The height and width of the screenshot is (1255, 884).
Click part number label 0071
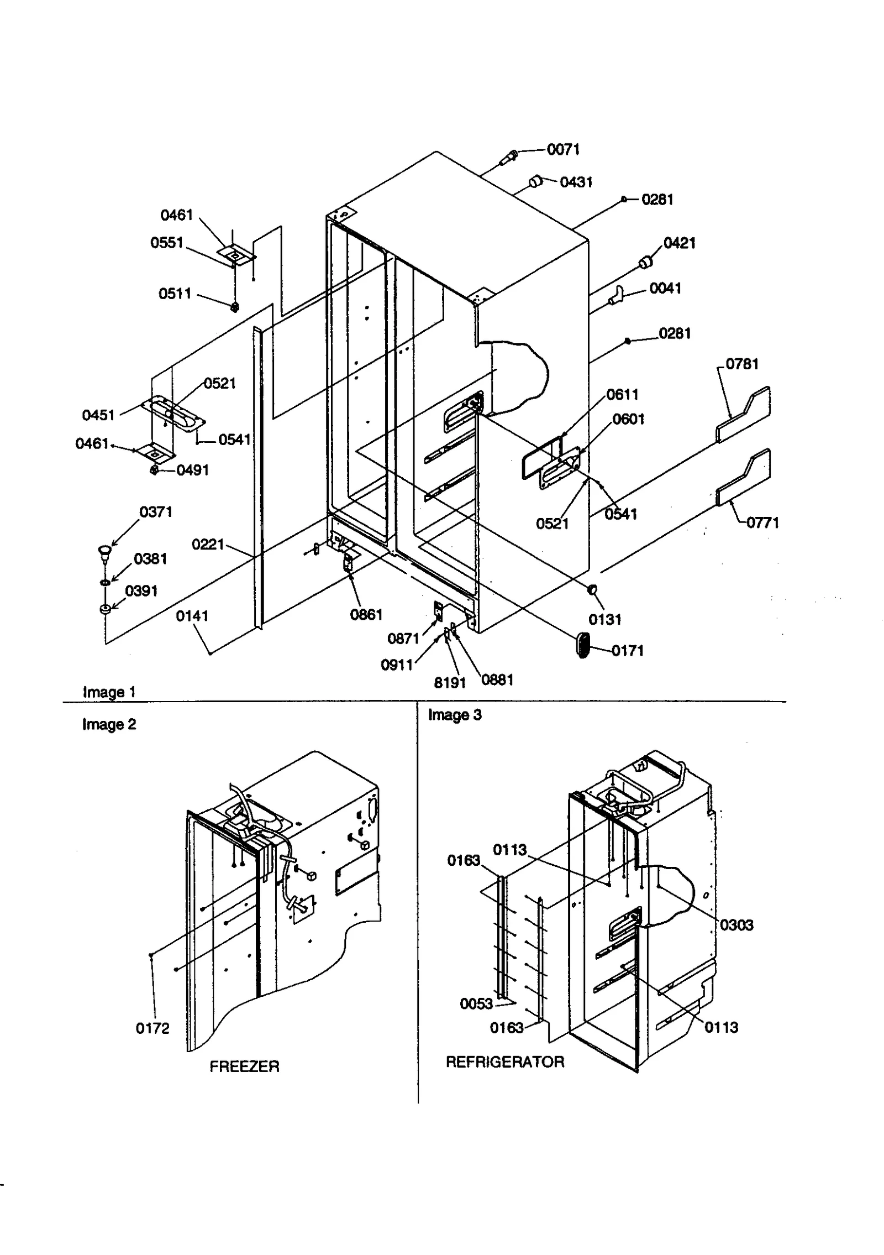click(x=563, y=150)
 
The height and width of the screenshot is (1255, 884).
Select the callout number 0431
click(x=576, y=182)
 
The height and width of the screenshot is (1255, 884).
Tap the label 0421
click(x=679, y=243)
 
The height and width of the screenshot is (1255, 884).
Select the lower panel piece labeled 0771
click(x=744, y=476)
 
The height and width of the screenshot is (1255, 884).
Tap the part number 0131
click(x=604, y=620)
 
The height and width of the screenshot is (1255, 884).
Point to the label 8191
click(x=450, y=683)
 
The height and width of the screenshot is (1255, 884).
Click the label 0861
click(x=366, y=615)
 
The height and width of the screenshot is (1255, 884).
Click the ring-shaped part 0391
click(x=105, y=609)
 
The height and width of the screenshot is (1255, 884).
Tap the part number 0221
click(x=207, y=545)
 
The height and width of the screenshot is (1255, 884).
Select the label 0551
click(x=166, y=243)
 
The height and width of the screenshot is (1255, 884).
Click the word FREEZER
click(x=244, y=1066)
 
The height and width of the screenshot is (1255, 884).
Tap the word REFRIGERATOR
click(x=504, y=1062)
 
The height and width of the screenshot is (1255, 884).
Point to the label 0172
click(x=152, y=1028)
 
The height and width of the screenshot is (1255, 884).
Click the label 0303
click(x=736, y=925)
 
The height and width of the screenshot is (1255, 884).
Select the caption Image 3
click(x=454, y=715)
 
